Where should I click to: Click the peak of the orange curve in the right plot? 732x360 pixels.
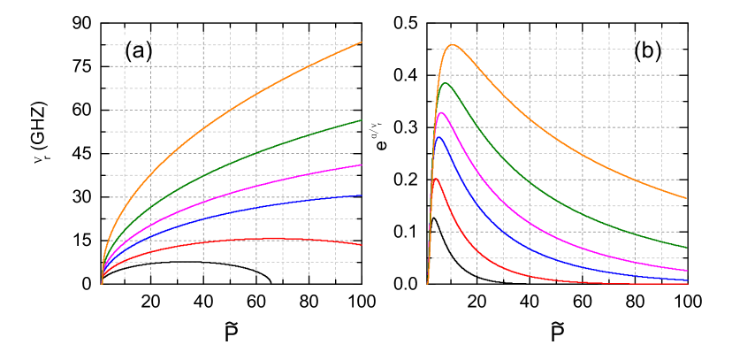coord(453,44)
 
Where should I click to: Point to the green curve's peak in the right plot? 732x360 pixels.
coord(446,83)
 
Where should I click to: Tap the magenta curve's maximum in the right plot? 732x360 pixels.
coord(442,112)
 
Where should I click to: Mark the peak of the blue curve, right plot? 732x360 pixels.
coord(439,136)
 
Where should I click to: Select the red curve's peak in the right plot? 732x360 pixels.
coord(436,180)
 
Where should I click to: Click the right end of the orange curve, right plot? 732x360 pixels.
coord(686,198)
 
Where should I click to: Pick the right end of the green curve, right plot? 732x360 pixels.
coord(686,248)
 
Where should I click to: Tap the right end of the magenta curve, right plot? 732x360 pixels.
coord(686,271)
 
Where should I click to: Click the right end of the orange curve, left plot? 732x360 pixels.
coord(362,42)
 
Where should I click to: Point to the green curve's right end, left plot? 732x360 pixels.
coord(362,120)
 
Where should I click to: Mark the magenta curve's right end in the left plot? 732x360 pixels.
coord(362,165)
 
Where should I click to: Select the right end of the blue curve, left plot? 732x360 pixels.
coord(362,195)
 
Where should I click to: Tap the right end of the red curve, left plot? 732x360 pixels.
coord(362,245)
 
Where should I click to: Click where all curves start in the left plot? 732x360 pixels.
coord(102,283)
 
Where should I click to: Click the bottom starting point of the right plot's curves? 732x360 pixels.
coord(428,283)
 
